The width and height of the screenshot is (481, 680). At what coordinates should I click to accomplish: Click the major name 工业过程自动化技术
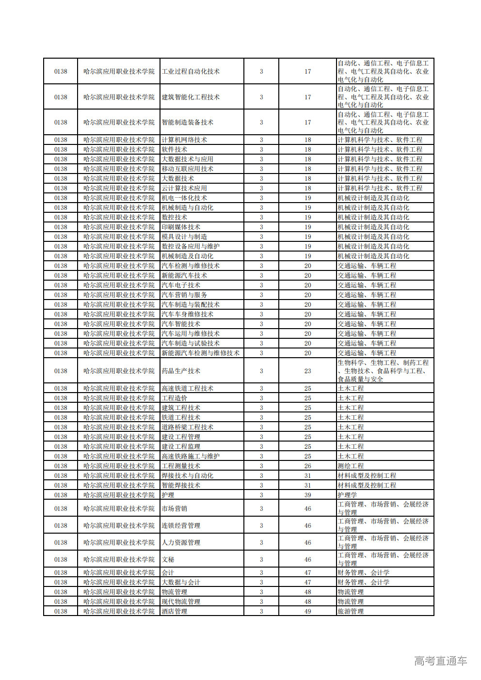tap(191, 71)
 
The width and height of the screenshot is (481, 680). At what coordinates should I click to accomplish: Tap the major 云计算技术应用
tap(184, 188)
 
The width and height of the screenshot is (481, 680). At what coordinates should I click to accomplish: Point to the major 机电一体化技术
tap(184, 198)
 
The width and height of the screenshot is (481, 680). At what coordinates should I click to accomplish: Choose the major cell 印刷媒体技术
tap(181, 227)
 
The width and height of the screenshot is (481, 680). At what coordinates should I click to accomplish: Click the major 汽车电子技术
tap(181, 285)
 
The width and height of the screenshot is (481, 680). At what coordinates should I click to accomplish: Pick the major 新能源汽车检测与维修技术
tap(200, 353)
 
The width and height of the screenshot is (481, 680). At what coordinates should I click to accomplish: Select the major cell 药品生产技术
tap(181, 371)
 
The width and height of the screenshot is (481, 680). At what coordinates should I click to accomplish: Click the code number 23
tap(307, 371)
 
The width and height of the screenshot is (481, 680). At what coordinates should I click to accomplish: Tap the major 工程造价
tap(174, 398)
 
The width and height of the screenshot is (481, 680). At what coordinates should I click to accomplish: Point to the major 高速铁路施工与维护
tap(191, 456)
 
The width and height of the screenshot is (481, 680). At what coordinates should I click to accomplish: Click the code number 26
tap(307, 466)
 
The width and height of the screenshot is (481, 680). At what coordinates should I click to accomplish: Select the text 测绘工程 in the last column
tap(351, 466)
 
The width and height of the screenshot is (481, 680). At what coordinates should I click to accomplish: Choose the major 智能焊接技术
tap(181, 485)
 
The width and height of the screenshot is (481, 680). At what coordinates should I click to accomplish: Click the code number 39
tap(307, 495)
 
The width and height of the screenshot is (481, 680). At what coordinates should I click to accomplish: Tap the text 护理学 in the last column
tap(347, 495)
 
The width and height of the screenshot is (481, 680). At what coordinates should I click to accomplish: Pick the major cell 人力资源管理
tap(181, 542)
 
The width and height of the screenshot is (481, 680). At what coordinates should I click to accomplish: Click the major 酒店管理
tap(174, 611)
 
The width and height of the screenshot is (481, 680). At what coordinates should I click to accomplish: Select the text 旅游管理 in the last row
tap(351, 611)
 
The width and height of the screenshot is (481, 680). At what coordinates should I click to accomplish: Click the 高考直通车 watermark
tap(440, 661)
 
